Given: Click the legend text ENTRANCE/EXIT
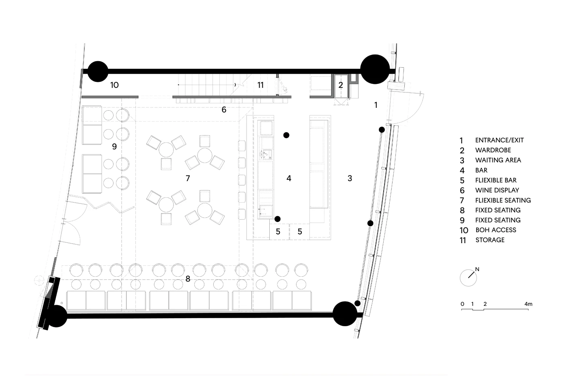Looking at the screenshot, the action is click(x=499, y=140).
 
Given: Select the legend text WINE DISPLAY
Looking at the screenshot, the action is click(x=497, y=190).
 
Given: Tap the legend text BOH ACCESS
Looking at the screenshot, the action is click(x=496, y=230).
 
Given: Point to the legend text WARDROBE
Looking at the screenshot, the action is click(x=493, y=150).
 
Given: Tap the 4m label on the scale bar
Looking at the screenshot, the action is click(x=528, y=304).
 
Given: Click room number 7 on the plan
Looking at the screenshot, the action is click(x=188, y=178).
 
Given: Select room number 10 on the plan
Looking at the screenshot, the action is click(x=114, y=85).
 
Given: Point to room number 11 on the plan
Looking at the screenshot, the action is click(x=260, y=85).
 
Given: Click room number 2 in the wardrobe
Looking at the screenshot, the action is click(x=341, y=85).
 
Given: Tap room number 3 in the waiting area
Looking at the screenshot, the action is click(x=350, y=178).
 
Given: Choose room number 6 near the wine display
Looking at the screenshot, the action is click(x=224, y=110).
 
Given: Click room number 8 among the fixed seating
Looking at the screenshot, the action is click(x=188, y=279).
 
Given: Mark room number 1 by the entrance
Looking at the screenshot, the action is click(x=376, y=105).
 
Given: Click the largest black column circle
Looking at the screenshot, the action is click(x=375, y=69).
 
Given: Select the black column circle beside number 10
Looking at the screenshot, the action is click(x=98, y=71).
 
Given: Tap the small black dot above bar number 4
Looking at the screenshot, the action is click(x=286, y=135).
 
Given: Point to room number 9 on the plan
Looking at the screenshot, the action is click(x=114, y=146).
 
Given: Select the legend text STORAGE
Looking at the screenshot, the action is click(x=490, y=240).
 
